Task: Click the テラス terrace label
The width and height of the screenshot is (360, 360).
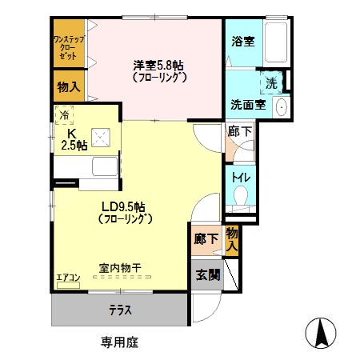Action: [121, 310]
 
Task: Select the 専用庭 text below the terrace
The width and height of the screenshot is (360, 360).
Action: [120, 342]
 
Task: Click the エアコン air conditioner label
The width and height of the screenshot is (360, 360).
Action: [67, 279]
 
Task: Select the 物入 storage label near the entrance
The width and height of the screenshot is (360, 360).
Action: [231, 239]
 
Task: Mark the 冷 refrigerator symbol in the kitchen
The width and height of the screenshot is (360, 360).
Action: [64, 114]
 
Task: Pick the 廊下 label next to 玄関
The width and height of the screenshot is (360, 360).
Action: [205, 239]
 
